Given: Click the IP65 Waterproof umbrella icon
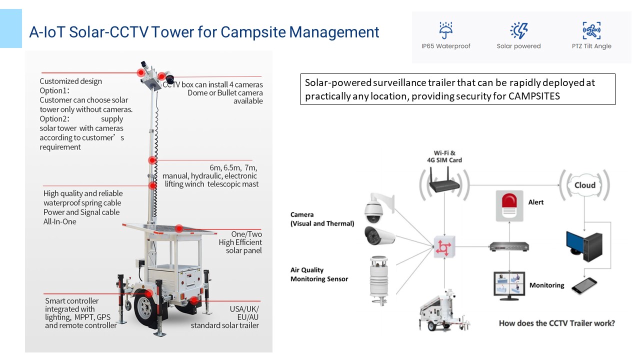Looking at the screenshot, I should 445,30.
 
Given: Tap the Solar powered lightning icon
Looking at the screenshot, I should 518,30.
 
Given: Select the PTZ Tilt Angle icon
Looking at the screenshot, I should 591,30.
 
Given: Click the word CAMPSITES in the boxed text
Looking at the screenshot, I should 535,96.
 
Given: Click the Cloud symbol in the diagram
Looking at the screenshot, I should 584,185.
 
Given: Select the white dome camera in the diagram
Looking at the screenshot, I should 374,210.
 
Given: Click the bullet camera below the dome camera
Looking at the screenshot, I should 380,236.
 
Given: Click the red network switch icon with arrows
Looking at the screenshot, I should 442,246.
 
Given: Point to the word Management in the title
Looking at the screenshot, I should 334,32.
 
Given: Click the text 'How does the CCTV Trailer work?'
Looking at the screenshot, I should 556,323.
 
